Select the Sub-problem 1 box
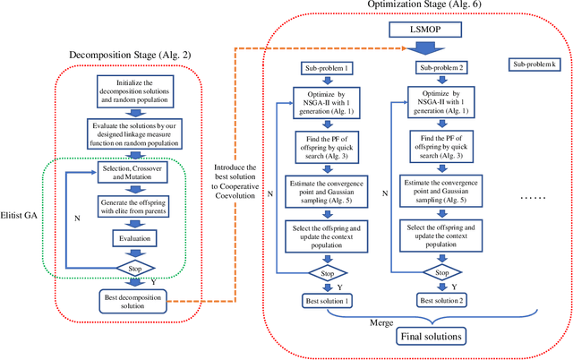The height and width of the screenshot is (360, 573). (327, 68)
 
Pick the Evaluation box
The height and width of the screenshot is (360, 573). (134, 238)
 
